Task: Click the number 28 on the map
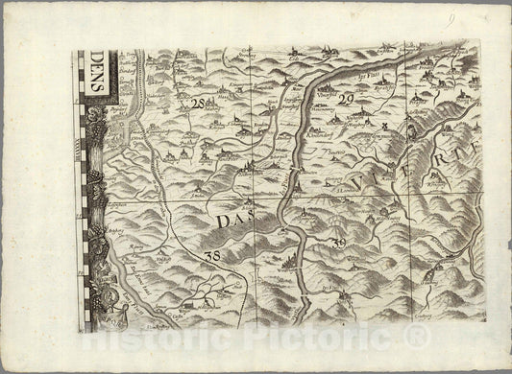pyautogui.click(x=198, y=104)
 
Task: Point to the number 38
pyautogui.click(x=212, y=256)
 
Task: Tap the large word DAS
pyautogui.click(x=231, y=220)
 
